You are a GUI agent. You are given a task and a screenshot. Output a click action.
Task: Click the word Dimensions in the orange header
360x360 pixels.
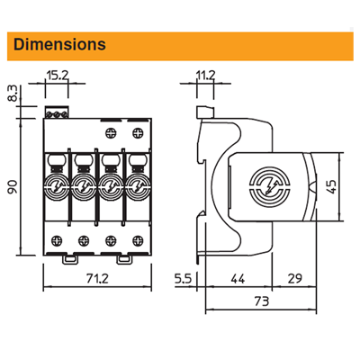coord(59,44)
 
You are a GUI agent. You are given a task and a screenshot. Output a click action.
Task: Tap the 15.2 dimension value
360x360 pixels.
coord(58,76)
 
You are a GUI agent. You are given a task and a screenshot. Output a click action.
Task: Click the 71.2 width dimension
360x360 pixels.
coord(97,279)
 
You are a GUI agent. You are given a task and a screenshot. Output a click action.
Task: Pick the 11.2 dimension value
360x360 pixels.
coord(205,76)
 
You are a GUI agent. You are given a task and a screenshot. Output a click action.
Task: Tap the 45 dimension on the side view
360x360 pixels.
coord(332,186)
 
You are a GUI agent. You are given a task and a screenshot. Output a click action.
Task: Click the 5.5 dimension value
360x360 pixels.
coord(183,279)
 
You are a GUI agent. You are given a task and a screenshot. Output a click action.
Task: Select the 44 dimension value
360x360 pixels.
coord(238,279)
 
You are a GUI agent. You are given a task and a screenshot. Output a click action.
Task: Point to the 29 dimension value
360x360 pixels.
coord(294,279)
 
